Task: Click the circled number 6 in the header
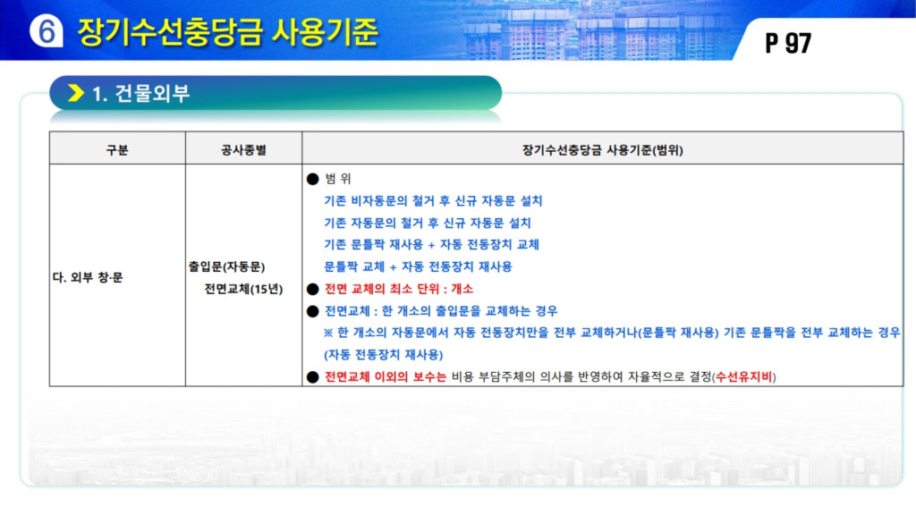pos(47,30)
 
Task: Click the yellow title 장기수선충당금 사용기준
pos(228,32)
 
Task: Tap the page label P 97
pos(788,43)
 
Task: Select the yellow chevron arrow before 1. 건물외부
pos(76,93)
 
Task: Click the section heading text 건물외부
pos(152,93)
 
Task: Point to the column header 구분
pos(117,150)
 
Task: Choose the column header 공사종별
pos(243,150)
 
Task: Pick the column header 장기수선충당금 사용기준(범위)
pos(602,150)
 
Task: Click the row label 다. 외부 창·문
pos(88,277)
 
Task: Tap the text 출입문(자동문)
pos(226,266)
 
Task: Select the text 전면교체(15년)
pos(243,289)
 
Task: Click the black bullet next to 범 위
pos(312,179)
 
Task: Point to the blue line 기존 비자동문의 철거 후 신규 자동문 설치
pos(433,201)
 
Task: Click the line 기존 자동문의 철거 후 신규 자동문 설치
pos(428,223)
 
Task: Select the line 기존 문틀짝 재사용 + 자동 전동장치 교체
pos(432,245)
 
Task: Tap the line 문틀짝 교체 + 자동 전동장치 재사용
pos(419,266)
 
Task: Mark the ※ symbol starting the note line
pos(328,333)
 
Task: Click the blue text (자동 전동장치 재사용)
pos(383,354)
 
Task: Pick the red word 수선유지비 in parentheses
pos(743,376)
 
